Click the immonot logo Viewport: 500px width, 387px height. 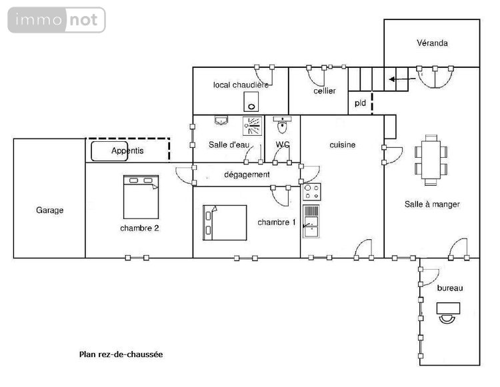pos(57,20)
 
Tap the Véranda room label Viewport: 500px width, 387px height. pos(432,43)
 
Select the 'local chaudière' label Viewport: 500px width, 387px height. pos(241,85)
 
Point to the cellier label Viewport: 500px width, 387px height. pos(325,91)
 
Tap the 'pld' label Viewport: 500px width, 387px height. pos(360,103)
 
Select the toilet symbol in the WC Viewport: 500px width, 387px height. pos(283,125)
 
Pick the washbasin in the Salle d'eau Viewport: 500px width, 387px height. pos(221,121)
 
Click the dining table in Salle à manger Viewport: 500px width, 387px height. pos(431,160)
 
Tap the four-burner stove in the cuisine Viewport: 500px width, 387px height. pos(311,192)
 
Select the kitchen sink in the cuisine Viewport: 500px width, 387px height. pos(311,221)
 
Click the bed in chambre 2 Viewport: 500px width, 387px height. pos(141,196)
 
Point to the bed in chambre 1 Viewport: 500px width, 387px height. pos(225,222)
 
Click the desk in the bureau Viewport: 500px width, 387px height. pos(447,308)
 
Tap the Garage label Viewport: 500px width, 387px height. pos(50,210)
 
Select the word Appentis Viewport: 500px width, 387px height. pos(127,151)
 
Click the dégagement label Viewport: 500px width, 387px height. pos(247,175)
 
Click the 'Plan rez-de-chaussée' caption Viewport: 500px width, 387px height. pos(121,354)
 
